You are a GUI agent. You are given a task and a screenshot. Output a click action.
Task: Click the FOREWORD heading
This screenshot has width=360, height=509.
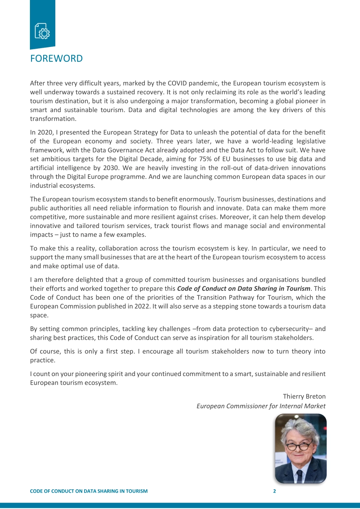pyautogui.click(x=56, y=59)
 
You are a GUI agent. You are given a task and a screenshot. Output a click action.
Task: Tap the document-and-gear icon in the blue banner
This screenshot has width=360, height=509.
pyautogui.click(x=42, y=31)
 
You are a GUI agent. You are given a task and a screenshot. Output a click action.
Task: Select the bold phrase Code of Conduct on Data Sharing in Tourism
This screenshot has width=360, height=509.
pyautogui.click(x=244, y=289)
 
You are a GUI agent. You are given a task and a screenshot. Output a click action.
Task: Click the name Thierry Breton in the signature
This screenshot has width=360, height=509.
pyautogui.click(x=304, y=397)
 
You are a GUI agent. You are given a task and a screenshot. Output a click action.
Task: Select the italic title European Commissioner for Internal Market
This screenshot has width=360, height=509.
pyautogui.click(x=261, y=406)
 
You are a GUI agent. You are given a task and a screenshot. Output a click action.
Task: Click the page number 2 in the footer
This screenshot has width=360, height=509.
pyautogui.click(x=274, y=491)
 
